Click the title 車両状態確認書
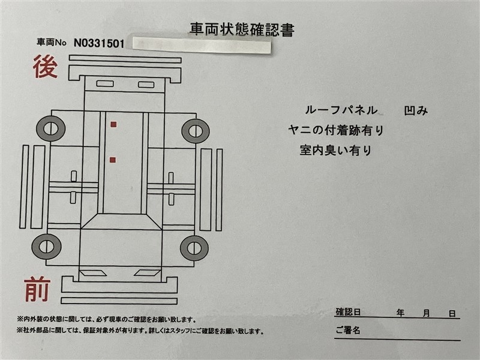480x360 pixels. [242, 29]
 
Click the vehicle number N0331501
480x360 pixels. [99, 43]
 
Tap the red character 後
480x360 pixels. [46, 67]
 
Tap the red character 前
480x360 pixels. [37, 289]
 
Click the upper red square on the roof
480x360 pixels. [113, 124]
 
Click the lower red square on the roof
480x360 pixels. [113, 160]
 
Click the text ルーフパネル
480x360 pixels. [341, 110]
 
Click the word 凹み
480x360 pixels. [416, 110]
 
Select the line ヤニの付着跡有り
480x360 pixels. [336, 130]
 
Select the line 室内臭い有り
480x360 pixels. [335, 151]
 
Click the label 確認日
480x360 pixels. [349, 312]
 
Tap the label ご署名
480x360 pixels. [348, 330]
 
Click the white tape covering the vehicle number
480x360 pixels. [202, 46]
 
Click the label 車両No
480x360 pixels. [52, 42]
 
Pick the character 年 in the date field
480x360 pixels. [400, 313]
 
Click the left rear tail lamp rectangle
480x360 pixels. [105, 83]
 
